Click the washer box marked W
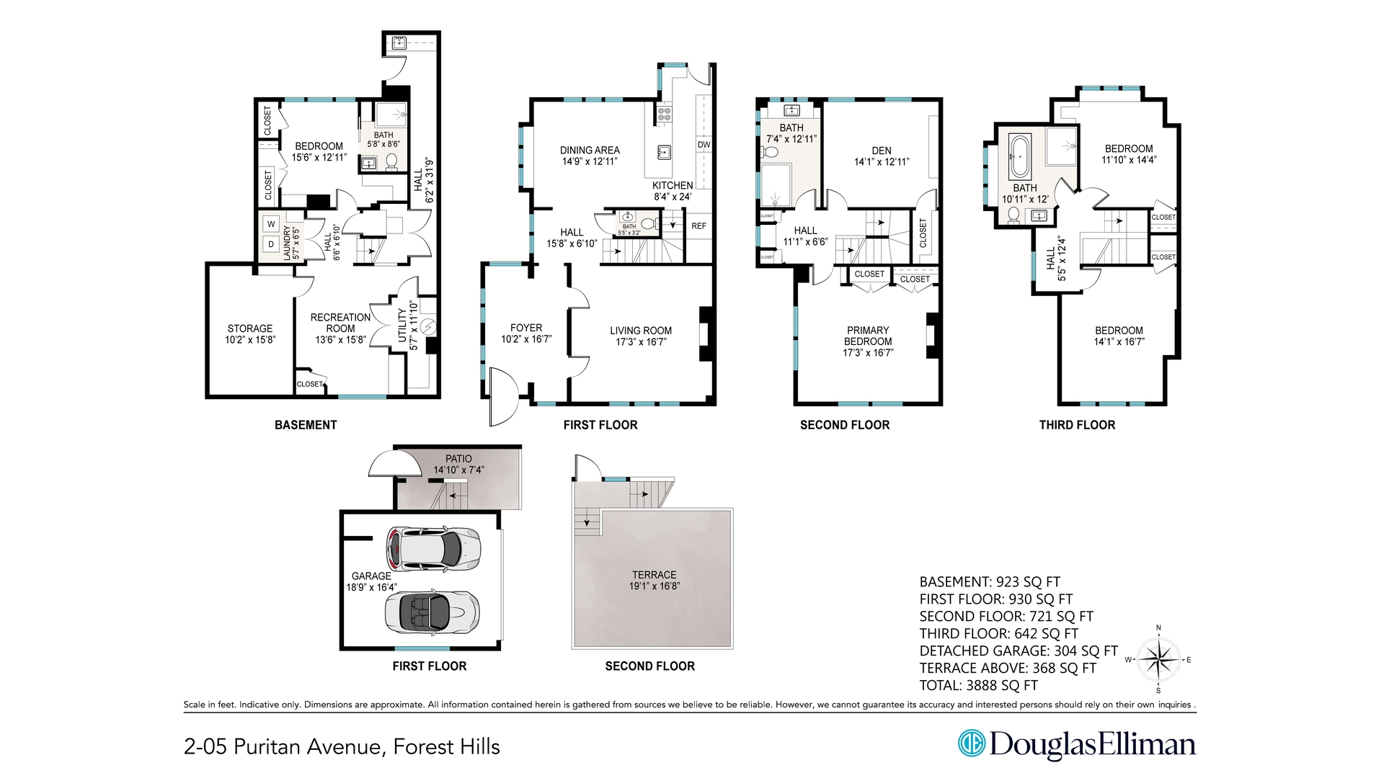(271, 224)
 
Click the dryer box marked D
(271, 244)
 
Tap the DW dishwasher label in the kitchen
(704, 145)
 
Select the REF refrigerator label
(698, 226)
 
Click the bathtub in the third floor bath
(1019, 156)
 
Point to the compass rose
(1158, 660)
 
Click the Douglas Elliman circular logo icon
(971, 743)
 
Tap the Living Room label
(641, 336)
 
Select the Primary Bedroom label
(868, 341)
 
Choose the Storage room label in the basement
(250, 334)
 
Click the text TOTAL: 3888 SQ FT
(978, 685)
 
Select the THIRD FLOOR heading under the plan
(1077, 425)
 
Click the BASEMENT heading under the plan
(306, 425)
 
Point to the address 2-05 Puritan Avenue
(342, 747)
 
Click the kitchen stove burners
(663, 113)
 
